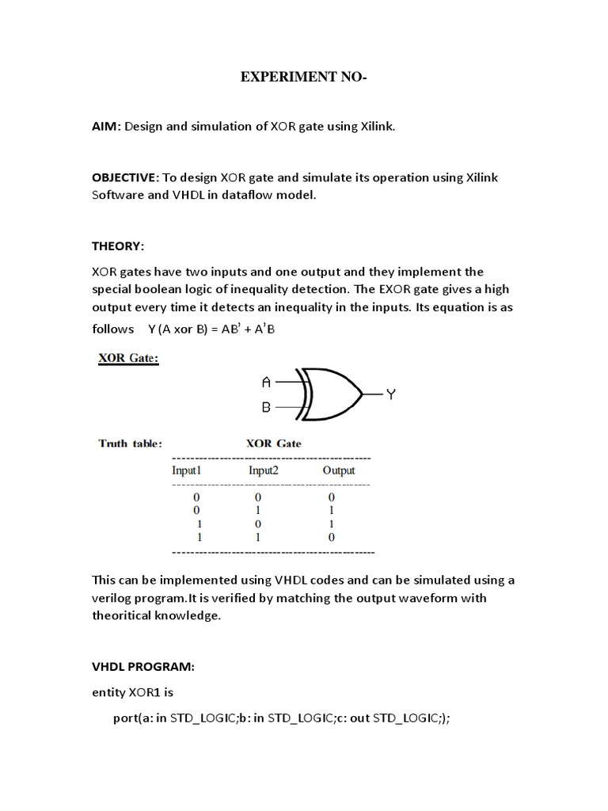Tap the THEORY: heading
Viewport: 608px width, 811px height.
(118, 246)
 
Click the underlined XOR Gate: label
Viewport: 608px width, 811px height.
(128, 357)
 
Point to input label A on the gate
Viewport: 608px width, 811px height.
(266, 383)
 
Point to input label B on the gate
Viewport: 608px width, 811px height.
(266, 407)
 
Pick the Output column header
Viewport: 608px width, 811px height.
(338, 470)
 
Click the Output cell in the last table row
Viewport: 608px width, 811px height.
(332, 537)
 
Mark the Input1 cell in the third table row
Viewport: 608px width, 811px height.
(199, 524)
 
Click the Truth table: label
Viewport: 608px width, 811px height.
(130, 444)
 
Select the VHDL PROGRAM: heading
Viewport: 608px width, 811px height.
(142, 667)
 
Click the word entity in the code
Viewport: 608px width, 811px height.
(109, 692)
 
